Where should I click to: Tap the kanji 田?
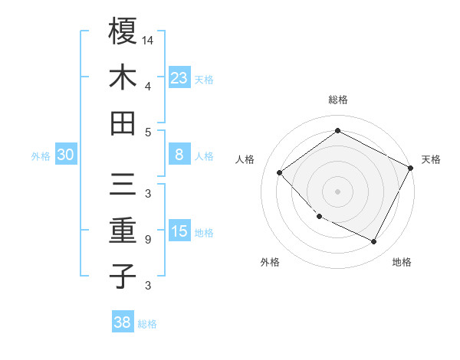[123, 123]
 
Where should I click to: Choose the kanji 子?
[123, 275]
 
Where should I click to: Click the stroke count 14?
[149, 40]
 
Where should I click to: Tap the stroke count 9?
[147, 240]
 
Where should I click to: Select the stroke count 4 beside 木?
[147, 86]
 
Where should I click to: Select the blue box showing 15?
[179, 231]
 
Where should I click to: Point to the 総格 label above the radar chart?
[337, 100]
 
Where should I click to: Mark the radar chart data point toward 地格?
[374, 242]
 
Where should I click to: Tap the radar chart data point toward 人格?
[280, 173]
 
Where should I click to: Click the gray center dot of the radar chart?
[337, 191]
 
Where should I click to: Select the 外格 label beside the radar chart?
[270, 262]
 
